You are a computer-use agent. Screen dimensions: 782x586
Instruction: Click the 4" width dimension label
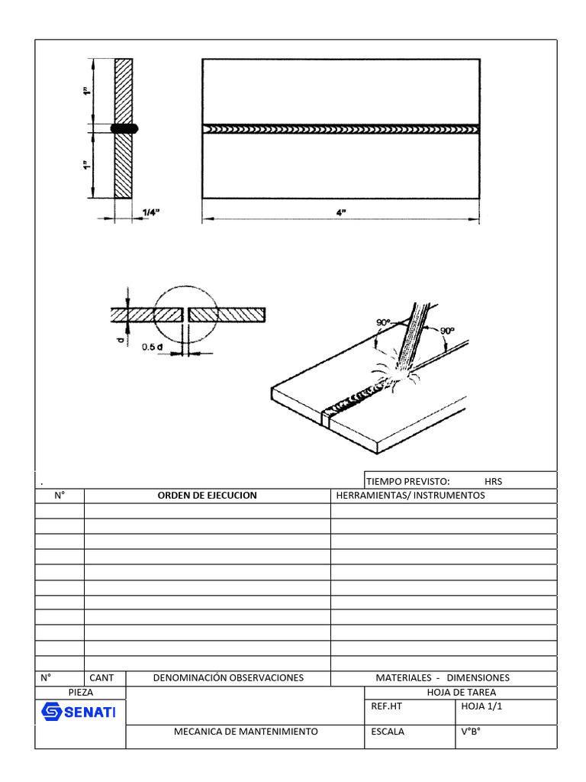[x=341, y=213]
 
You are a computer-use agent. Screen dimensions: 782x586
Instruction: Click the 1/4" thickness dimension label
[x=151, y=213]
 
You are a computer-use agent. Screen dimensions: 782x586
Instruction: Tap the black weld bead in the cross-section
[x=124, y=129]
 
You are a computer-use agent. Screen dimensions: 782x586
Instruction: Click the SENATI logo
[x=78, y=713]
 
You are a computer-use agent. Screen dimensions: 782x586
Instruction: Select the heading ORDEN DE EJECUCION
[x=207, y=495]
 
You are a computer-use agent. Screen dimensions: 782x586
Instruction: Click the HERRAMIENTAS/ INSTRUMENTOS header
[x=411, y=495]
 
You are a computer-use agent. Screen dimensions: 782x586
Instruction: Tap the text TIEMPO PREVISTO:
[x=408, y=481]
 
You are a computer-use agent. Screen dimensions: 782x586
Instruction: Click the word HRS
[x=493, y=481]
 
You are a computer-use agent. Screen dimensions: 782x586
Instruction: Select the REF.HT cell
[x=386, y=706]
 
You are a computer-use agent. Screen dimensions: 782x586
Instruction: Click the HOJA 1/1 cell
[x=482, y=706]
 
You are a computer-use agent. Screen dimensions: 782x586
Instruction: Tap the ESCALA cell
[x=388, y=731]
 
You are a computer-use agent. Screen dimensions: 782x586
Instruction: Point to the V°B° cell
[x=472, y=731]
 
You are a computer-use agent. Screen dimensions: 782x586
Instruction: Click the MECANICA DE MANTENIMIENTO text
[x=246, y=731]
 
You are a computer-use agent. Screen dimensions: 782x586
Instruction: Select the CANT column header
[x=101, y=677]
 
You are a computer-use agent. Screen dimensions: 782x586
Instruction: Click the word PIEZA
[x=80, y=692]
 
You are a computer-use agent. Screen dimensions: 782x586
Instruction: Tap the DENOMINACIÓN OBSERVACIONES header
[x=228, y=677]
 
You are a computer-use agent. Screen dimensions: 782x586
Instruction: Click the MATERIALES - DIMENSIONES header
[x=443, y=677]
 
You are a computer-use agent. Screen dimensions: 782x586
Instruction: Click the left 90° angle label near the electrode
[x=383, y=323]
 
